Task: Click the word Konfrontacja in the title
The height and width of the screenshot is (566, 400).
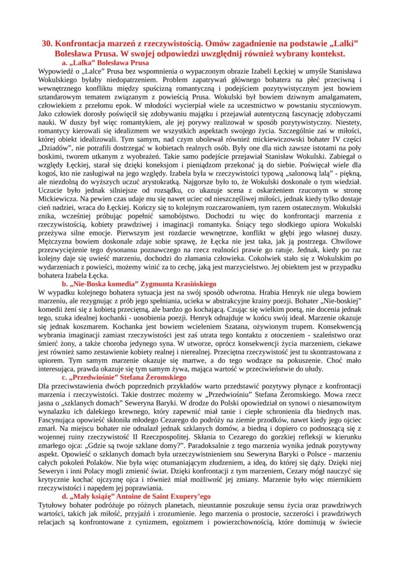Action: coord(84,43)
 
